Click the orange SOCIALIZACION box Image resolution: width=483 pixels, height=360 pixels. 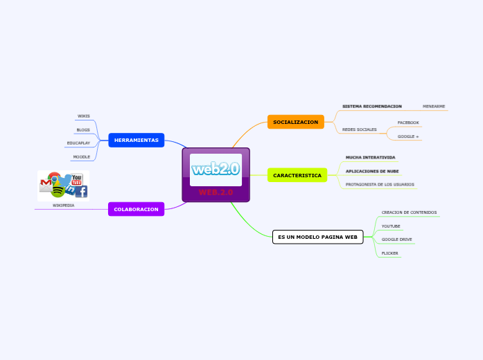295,123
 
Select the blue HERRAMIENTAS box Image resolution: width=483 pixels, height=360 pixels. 136,141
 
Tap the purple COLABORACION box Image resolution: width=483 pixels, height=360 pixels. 136,209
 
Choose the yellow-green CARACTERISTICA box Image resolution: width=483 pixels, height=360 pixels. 297,176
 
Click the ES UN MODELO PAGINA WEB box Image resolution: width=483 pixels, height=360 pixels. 317,237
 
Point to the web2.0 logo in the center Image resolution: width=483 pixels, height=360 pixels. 216,169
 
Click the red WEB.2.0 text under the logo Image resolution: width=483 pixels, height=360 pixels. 216,192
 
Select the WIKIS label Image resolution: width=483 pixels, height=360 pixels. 83,116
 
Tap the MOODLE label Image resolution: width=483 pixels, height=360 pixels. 81,157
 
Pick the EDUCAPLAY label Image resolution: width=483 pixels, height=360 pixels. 78,143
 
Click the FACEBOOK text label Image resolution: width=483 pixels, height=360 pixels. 407,123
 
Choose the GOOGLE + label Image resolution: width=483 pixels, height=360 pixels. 407,136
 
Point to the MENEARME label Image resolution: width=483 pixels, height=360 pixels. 434,107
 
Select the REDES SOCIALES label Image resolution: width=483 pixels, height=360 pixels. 360,129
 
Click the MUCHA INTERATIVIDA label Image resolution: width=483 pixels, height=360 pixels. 370,157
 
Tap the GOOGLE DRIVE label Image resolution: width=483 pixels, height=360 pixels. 396,240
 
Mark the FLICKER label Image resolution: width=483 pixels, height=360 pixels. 389,253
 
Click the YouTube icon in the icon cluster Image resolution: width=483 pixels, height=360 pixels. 77,180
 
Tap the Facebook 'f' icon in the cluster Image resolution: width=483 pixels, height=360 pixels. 81,192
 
